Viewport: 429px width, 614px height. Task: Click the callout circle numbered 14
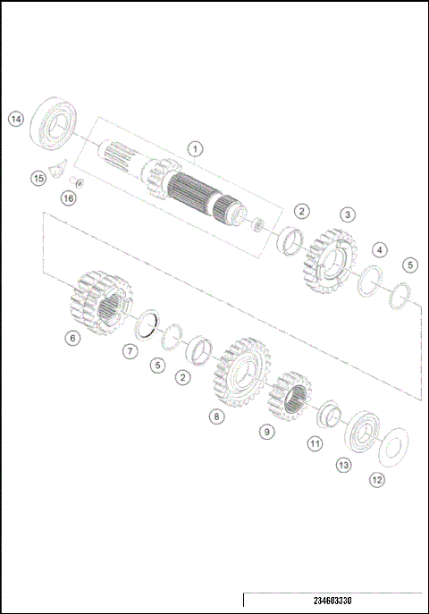click(x=15, y=118)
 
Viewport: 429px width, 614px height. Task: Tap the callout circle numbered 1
click(x=195, y=148)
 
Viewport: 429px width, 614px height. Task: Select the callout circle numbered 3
click(x=347, y=214)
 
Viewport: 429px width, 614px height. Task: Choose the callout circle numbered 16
click(x=69, y=198)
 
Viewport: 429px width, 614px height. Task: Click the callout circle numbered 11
click(x=314, y=442)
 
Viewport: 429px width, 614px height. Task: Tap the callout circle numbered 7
click(x=130, y=351)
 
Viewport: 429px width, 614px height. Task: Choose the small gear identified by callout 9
click(x=290, y=396)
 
